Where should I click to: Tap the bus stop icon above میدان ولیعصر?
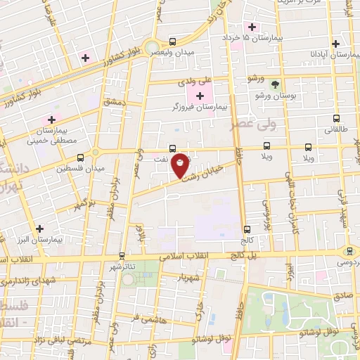coord(173,42)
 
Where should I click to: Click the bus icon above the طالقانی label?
coord(336,119)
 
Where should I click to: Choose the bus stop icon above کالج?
coord(247,229)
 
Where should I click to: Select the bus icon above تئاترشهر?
coord(122,256)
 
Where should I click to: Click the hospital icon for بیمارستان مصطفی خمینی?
coord(51,120)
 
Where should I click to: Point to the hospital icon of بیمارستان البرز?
coord(39,229)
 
